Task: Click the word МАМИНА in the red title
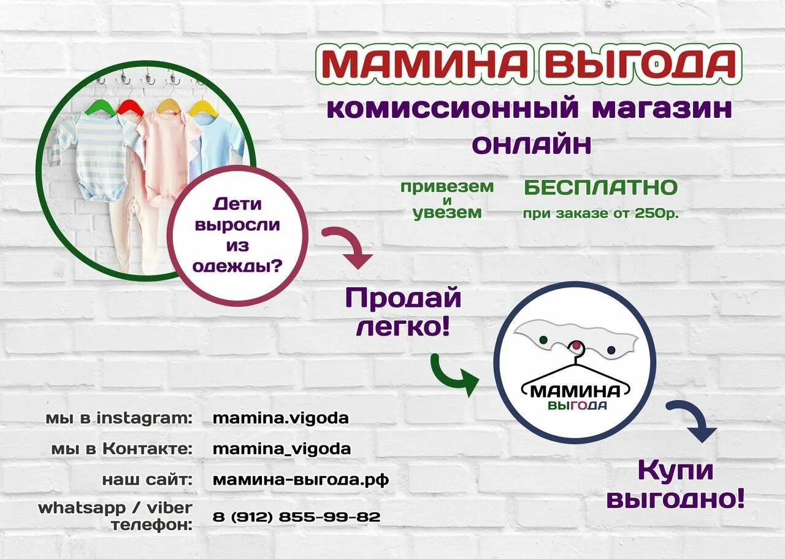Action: pos(424,63)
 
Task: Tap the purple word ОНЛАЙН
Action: pos(531,145)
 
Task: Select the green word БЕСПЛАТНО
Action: pos(600,187)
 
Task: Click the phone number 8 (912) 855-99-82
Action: pos(297,517)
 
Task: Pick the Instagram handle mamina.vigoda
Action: pos(280,418)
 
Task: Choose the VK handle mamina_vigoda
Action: pos(281,449)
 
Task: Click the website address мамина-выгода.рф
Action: pos(301,479)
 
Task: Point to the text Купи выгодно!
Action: pos(675,484)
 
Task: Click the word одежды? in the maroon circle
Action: pos(237,266)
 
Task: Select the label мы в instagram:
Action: pos(119,418)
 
